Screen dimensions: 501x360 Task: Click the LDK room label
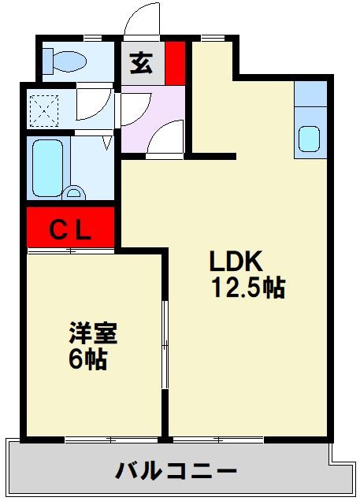239,262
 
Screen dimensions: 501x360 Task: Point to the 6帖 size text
87,359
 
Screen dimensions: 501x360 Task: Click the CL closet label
72,230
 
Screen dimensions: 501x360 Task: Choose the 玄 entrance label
142,63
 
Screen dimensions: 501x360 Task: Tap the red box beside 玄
175,61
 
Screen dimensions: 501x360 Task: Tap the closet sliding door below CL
71,250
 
